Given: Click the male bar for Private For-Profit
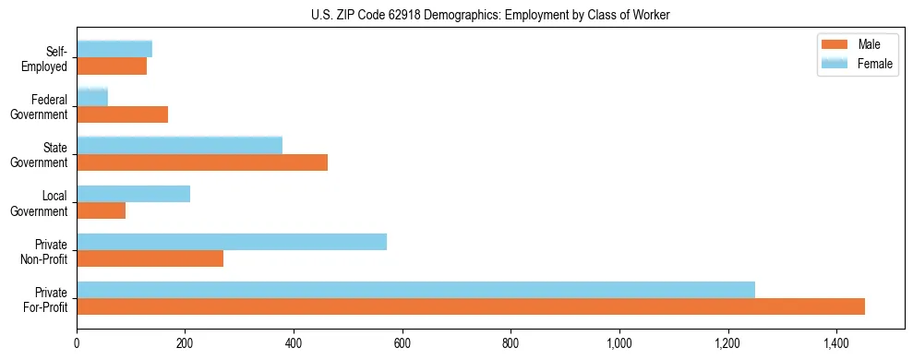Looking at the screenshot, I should [471, 306].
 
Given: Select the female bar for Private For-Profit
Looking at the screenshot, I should [415, 290].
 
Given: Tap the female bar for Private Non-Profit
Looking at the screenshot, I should [232, 242].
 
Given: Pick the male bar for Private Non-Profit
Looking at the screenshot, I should [150, 258].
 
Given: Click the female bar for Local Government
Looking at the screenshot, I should [133, 194].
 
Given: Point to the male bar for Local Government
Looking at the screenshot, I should [101, 210].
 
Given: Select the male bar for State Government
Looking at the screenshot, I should [202, 162].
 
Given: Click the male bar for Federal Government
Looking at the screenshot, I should [122, 114].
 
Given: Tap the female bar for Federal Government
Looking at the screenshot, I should [92, 97].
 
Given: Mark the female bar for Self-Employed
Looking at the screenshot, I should [114, 49].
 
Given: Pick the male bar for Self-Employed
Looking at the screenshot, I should [112, 66].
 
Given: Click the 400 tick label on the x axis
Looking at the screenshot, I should [294, 343].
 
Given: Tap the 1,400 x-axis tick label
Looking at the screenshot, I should [836, 343].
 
